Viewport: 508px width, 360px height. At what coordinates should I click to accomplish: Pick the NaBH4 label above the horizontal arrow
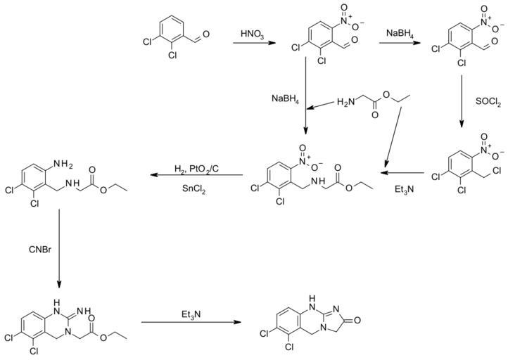[402, 33]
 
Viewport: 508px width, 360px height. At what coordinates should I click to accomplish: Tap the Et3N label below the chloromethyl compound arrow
[402, 188]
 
